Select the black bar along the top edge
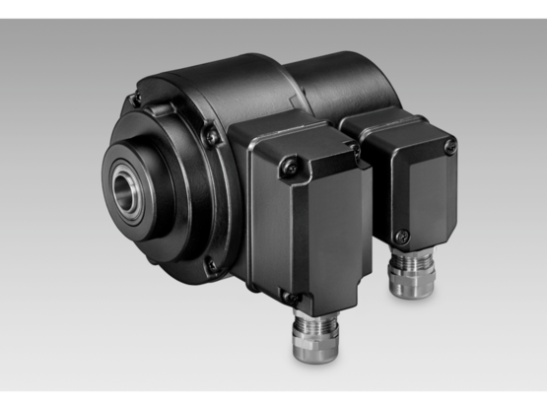[273, 8]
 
